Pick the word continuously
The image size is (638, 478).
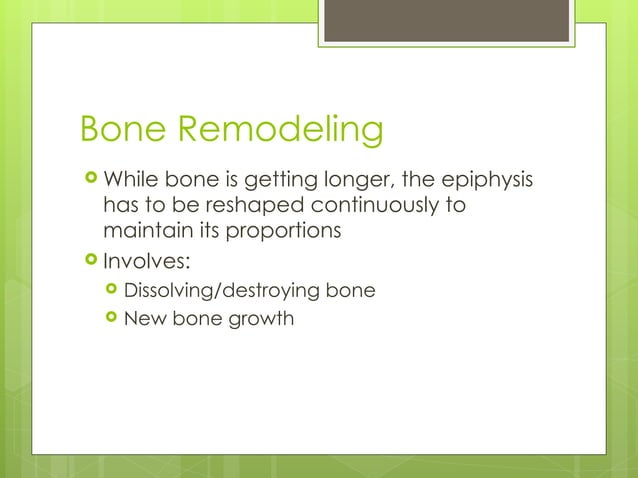click(365, 206)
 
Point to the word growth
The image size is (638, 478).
click(262, 320)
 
